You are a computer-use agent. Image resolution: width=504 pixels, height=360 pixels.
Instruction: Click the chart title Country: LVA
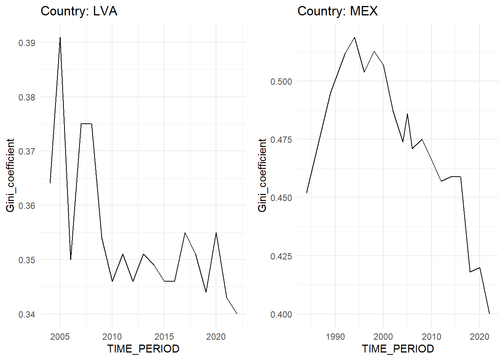[79, 11]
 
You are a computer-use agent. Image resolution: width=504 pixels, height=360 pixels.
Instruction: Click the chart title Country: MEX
[337, 11]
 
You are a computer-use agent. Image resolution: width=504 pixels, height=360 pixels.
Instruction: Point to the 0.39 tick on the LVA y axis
[27, 43]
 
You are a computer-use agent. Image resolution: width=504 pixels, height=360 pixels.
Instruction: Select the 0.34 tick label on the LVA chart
[27, 314]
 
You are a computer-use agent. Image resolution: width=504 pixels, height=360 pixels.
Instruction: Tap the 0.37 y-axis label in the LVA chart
[27, 151]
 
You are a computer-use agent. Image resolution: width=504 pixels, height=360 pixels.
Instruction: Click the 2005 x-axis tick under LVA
[60, 336]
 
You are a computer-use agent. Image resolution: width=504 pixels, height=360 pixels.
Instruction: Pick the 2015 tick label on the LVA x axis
[164, 336]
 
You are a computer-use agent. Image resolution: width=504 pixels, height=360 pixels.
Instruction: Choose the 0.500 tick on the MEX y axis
[281, 81]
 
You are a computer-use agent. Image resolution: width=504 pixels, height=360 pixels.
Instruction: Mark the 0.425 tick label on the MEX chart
[281, 256]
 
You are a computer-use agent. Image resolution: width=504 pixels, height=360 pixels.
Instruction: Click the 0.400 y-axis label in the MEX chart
[281, 314]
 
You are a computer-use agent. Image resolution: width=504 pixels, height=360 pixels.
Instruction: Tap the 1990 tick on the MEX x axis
[335, 336]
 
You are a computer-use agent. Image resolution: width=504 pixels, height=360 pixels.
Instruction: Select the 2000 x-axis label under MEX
[383, 336]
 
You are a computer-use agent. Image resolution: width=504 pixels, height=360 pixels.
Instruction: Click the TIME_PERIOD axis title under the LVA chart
[143, 349]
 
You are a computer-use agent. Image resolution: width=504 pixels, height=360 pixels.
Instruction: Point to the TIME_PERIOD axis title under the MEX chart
[398, 349]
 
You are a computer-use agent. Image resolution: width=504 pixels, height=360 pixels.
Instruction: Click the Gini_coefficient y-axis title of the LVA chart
[10, 175]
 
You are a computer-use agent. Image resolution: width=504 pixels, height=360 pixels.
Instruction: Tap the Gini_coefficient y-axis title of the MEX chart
[262, 175]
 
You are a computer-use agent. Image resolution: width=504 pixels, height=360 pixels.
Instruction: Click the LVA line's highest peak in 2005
[60, 37]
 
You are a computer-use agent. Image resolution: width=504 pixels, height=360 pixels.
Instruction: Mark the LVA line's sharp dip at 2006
[70, 259]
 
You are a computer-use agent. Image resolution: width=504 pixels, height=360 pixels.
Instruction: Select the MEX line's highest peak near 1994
[354, 37]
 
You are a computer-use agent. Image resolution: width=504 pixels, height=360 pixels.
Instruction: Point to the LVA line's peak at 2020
[216, 233]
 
